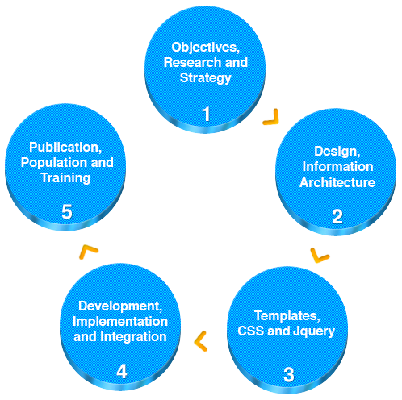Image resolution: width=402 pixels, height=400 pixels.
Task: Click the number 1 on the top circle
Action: [x=206, y=114]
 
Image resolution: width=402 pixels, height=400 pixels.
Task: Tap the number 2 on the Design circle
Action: [x=337, y=216]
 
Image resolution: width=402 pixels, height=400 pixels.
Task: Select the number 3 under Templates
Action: [x=289, y=374]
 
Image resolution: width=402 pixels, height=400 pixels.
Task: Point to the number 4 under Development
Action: [x=122, y=371]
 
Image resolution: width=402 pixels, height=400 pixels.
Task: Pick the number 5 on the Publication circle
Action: [x=67, y=211]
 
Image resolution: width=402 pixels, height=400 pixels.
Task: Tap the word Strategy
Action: [x=206, y=78]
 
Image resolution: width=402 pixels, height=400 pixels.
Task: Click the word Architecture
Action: [x=337, y=182]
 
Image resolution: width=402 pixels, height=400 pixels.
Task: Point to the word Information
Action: [x=338, y=167]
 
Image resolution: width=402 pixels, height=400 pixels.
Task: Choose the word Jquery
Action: [x=314, y=331]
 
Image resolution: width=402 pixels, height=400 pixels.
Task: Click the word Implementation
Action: [x=120, y=322]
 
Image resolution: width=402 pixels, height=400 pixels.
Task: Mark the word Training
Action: [x=65, y=178]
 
